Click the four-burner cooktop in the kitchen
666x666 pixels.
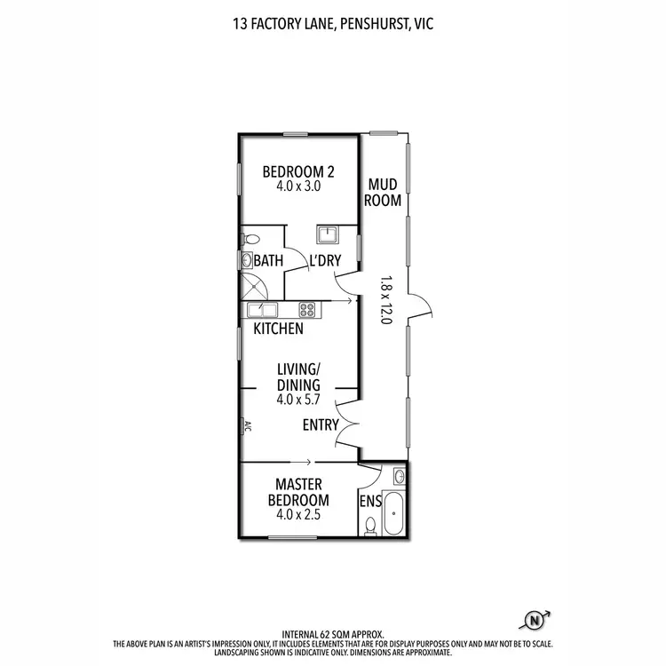308,310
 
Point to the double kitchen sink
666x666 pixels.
263,310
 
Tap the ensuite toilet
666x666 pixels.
370,526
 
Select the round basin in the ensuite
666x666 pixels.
399,477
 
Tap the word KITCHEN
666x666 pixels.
279,329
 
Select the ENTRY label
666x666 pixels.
320,425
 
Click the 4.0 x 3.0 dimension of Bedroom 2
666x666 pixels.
297,187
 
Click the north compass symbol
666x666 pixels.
535,620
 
